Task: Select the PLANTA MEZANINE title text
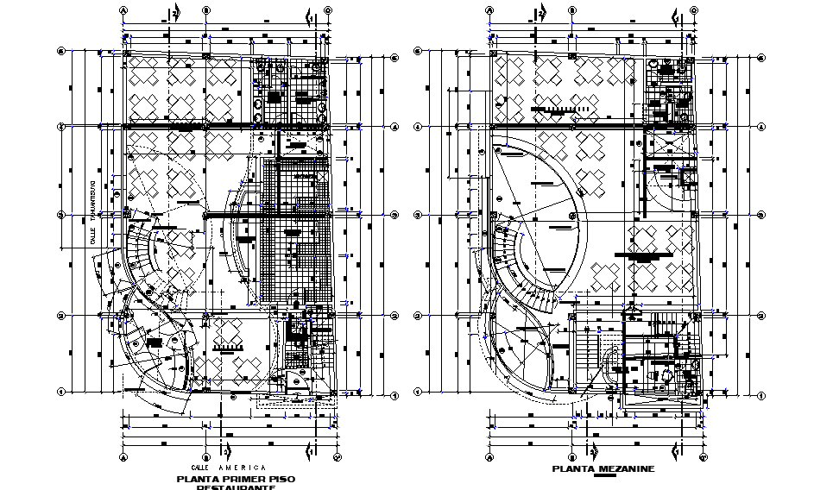(x=604, y=468)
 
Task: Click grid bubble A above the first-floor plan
(x=123, y=11)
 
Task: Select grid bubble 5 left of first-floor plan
(x=60, y=51)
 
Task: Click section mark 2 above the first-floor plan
(x=174, y=14)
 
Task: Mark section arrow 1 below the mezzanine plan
(x=676, y=450)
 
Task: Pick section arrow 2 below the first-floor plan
(x=224, y=450)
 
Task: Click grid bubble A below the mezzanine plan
(x=489, y=456)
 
